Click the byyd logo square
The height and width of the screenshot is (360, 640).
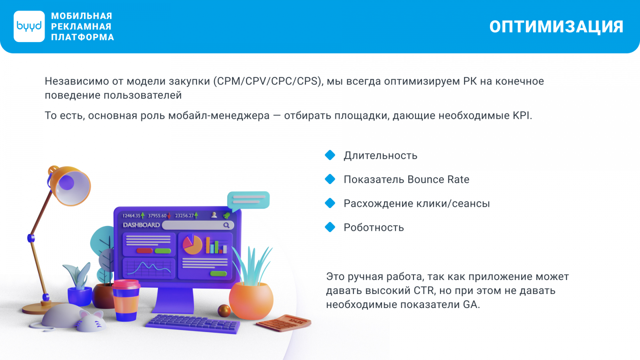click(x=29, y=26)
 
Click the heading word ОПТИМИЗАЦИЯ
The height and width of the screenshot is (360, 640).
click(x=556, y=27)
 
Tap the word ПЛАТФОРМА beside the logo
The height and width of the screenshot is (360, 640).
click(x=82, y=37)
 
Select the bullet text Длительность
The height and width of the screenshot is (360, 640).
click(x=380, y=156)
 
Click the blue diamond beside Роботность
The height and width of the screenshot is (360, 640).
click(x=330, y=227)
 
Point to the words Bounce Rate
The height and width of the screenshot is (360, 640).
click(x=438, y=180)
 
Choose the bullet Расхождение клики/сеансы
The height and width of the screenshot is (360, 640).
click(x=416, y=204)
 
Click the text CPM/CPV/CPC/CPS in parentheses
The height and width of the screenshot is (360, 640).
click(x=268, y=81)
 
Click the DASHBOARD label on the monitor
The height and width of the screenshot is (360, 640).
click(x=141, y=225)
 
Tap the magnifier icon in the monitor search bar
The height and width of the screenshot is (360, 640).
click(x=226, y=226)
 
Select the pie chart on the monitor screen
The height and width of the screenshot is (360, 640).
click(x=192, y=244)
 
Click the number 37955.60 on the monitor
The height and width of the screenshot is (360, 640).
click(x=157, y=216)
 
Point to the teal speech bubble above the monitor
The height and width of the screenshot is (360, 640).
click(x=248, y=200)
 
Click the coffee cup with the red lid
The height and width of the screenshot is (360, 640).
click(x=126, y=300)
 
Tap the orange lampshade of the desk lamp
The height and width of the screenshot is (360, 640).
click(x=70, y=185)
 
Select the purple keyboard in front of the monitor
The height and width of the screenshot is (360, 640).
click(x=193, y=324)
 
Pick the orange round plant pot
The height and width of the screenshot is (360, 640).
click(x=251, y=300)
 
